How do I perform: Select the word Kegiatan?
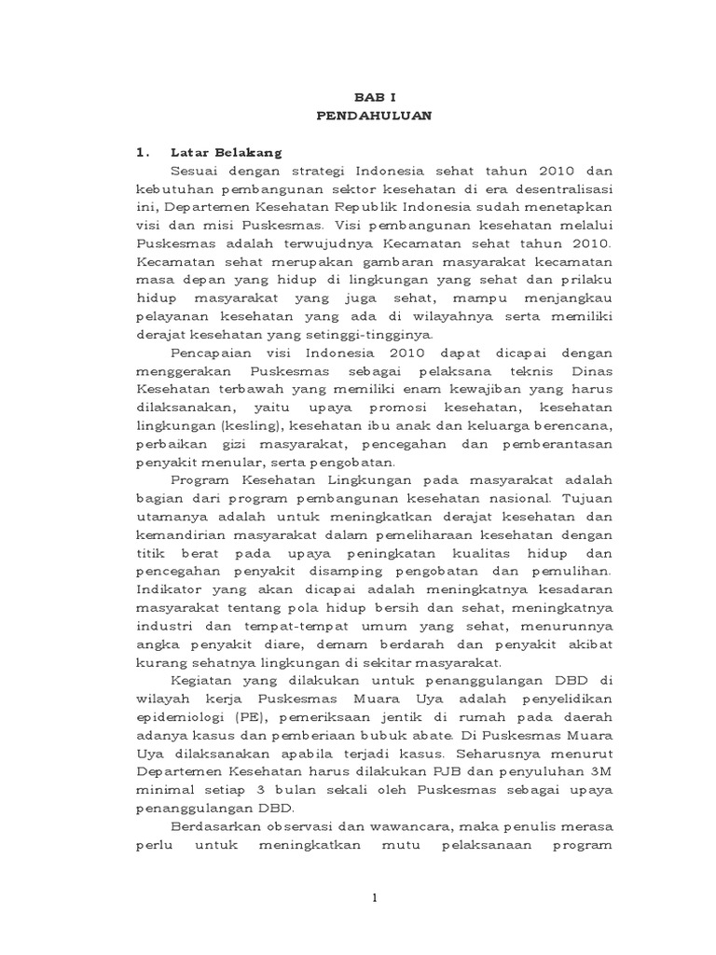tap(203, 681)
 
